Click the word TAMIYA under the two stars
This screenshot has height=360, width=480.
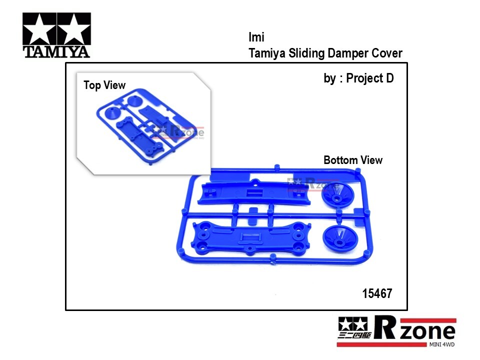(x=56, y=51)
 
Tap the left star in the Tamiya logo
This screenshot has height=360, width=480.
(x=39, y=29)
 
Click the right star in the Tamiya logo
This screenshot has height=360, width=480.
(x=74, y=29)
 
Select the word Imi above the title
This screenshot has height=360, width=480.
(x=256, y=37)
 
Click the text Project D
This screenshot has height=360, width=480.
(x=370, y=78)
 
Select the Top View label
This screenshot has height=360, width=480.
(x=104, y=85)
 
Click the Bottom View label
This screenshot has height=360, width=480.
(x=353, y=160)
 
